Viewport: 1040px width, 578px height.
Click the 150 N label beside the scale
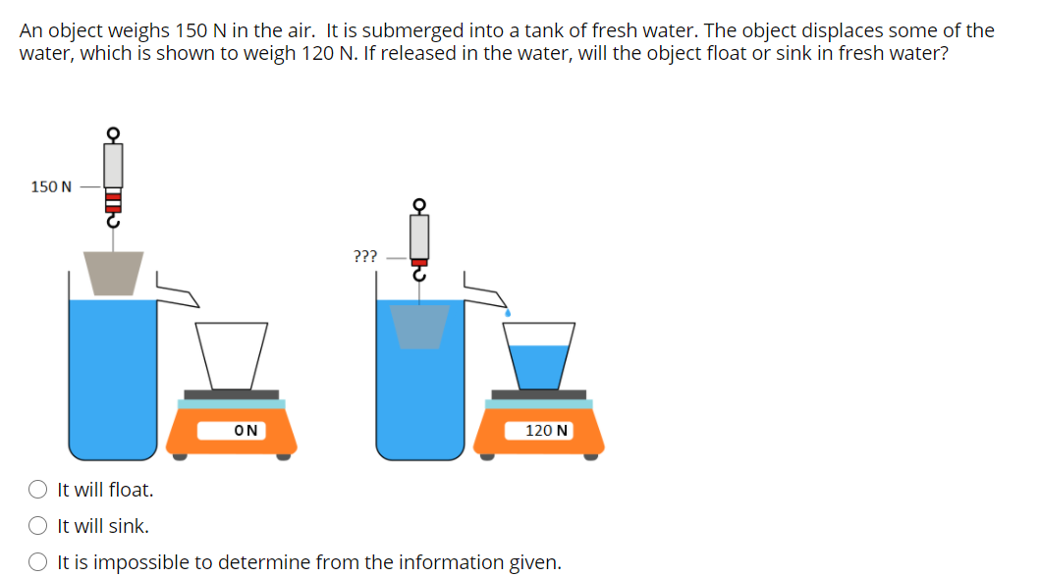(51, 186)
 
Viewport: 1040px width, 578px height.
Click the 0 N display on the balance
(247, 430)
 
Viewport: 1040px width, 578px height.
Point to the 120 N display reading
(547, 430)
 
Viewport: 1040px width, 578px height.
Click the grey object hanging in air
(113, 272)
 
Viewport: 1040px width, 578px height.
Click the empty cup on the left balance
(232, 354)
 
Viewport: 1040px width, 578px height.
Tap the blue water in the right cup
(539, 365)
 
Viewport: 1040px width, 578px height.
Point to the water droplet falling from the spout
(508, 311)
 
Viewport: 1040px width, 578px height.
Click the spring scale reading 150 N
(113, 177)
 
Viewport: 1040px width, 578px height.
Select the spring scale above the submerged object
(419, 238)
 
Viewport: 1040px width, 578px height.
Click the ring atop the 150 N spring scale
(113, 133)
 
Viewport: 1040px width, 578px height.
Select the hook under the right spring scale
(419, 275)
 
